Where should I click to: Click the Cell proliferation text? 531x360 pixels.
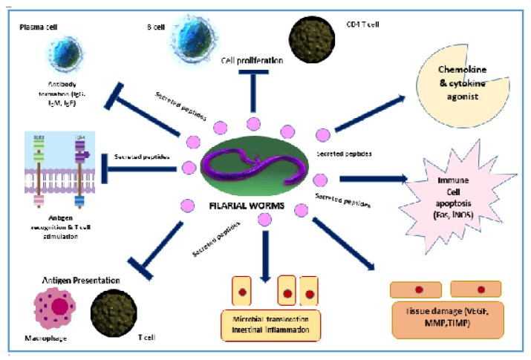253,60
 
